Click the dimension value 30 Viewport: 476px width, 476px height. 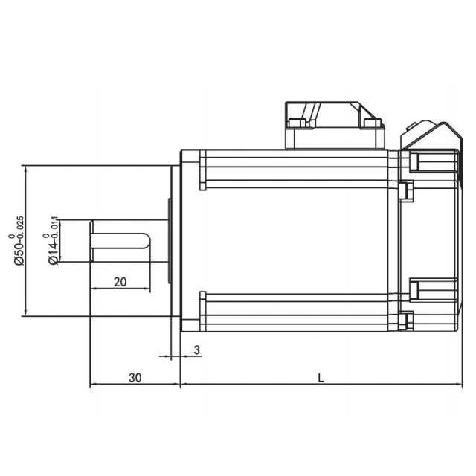135,378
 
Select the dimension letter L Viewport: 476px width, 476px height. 321,378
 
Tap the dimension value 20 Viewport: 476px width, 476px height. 120,282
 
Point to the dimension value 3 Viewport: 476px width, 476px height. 196,350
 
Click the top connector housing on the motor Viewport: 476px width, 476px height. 335,126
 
